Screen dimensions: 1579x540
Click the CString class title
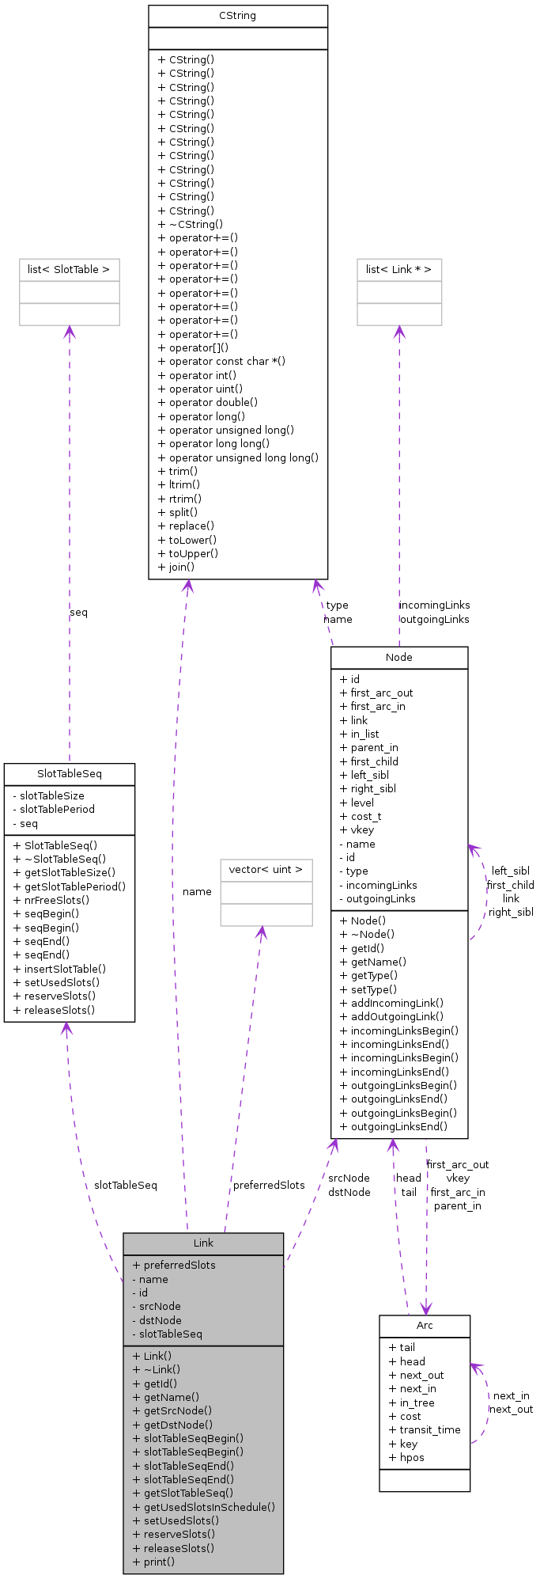(x=237, y=16)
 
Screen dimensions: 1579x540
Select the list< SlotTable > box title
(x=69, y=270)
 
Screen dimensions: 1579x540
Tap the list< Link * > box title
(x=398, y=270)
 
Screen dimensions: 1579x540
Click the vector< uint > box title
(x=266, y=870)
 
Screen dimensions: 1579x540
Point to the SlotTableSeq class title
(x=69, y=773)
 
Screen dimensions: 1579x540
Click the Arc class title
(x=425, y=1326)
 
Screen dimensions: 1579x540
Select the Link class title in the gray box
(x=203, y=1243)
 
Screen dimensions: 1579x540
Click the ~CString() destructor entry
(x=191, y=224)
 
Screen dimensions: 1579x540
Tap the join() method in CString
(x=176, y=567)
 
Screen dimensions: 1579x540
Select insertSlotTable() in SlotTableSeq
(x=59, y=969)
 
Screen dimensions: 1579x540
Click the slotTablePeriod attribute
(x=54, y=810)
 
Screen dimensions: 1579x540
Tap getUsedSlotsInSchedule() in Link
(x=204, y=1507)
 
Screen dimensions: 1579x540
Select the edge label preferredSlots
(x=269, y=1185)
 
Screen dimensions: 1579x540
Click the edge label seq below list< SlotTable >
(x=78, y=613)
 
